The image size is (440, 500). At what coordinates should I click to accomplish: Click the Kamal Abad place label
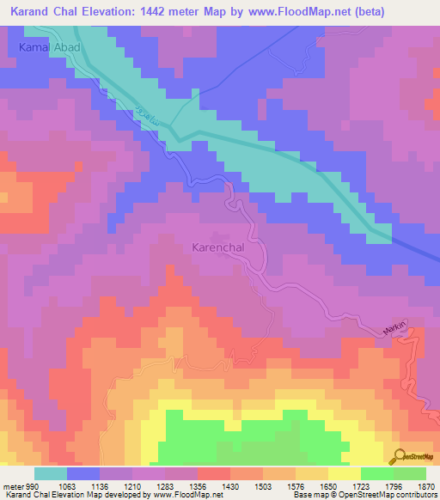49,48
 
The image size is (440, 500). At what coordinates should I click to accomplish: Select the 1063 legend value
66,487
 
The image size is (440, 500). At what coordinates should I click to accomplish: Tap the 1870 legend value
425,487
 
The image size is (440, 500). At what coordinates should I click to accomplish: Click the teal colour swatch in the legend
50,473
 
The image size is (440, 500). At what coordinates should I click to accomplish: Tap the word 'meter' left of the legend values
13,487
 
